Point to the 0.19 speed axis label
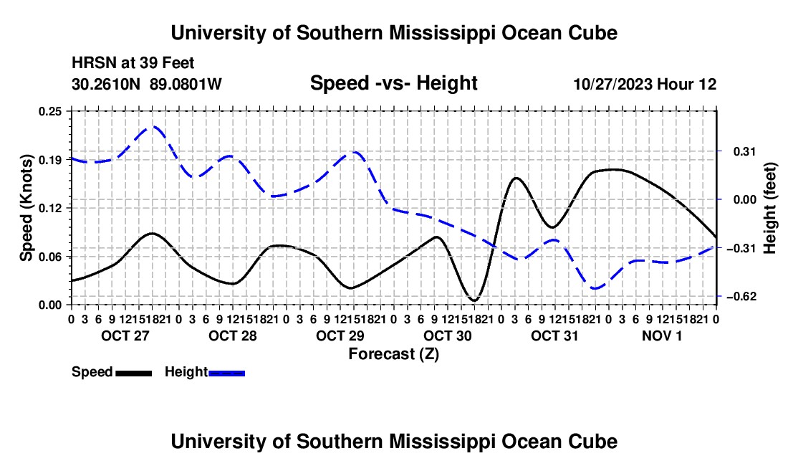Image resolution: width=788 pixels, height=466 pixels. pyautogui.click(x=50, y=160)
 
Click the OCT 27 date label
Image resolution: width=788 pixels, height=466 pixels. pyautogui.click(x=125, y=336)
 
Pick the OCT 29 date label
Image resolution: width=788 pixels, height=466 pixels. pyautogui.click(x=340, y=336)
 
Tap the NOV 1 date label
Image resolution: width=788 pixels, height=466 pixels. pyautogui.click(x=662, y=336)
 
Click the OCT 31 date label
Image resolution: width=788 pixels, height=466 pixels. pyautogui.click(x=554, y=336)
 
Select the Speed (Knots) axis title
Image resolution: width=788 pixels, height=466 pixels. pyautogui.click(x=26, y=208)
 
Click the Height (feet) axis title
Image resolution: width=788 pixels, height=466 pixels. pyautogui.click(x=769, y=208)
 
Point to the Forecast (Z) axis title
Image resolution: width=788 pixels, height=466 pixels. pyautogui.click(x=394, y=354)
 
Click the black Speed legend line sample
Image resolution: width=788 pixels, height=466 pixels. pyautogui.click(x=134, y=374)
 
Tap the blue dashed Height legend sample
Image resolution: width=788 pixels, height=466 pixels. pyautogui.click(x=226, y=374)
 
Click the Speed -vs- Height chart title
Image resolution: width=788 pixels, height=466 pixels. pyautogui.click(x=393, y=83)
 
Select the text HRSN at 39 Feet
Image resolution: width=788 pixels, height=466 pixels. pyautogui.click(x=133, y=63)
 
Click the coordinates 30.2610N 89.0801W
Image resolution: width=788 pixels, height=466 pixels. pyautogui.click(x=147, y=84)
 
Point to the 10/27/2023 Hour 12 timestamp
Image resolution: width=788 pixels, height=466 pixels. pyautogui.click(x=645, y=84)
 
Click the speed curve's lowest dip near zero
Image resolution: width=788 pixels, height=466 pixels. pyautogui.click(x=474, y=300)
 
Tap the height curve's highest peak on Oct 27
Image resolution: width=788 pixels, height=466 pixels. pyautogui.click(x=153, y=127)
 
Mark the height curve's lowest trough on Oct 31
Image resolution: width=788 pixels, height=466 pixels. pyautogui.click(x=595, y=288)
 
